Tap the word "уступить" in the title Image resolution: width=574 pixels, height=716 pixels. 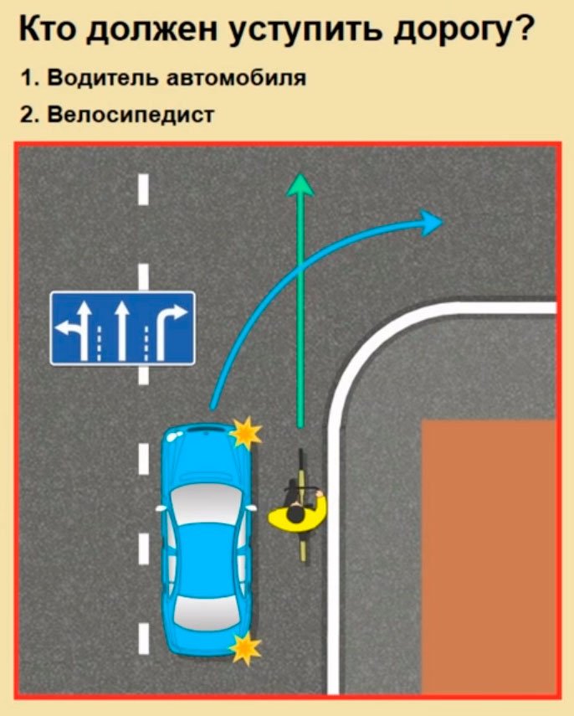pyautogui.click(x=306, y=32)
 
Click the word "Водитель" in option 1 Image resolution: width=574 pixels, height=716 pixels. pyautogui.click(x=102, y=78)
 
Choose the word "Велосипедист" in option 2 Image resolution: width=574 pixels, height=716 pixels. pyautogui.click(x=130, y=114)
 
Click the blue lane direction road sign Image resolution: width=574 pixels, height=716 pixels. pyautogui.click(x=122, y=328)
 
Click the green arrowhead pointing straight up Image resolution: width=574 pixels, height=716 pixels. pyautogui.click(x=300, y=184)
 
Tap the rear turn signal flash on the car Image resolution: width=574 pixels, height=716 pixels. pyautogui.click(x=245, y=647)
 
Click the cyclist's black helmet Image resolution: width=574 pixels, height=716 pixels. pyautogui.click(x=295, y=515)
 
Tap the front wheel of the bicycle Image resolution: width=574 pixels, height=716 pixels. pyautogui.click(x=300, y=466)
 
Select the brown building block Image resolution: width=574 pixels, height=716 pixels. pyautogui.click(x=489, y=556)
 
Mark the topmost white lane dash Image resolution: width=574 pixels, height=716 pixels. pyautogui.click(x=144, y=188)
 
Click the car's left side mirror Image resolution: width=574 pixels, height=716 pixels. pyautogui.click(x=161, y=507)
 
